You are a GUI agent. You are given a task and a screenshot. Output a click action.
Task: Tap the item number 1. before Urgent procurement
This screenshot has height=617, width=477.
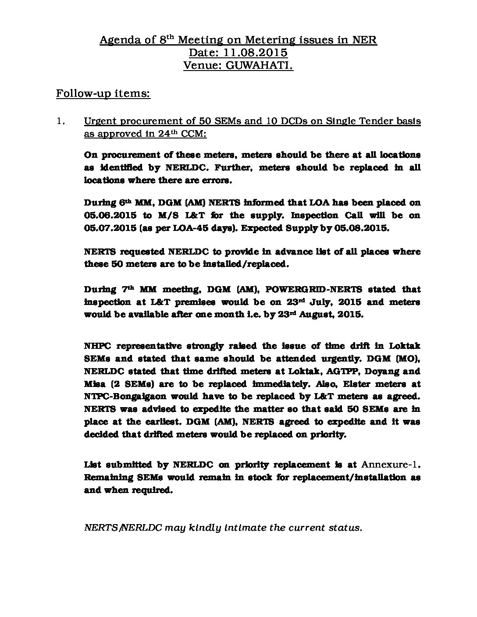61,121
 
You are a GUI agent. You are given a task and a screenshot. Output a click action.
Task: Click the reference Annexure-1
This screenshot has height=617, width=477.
391,465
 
